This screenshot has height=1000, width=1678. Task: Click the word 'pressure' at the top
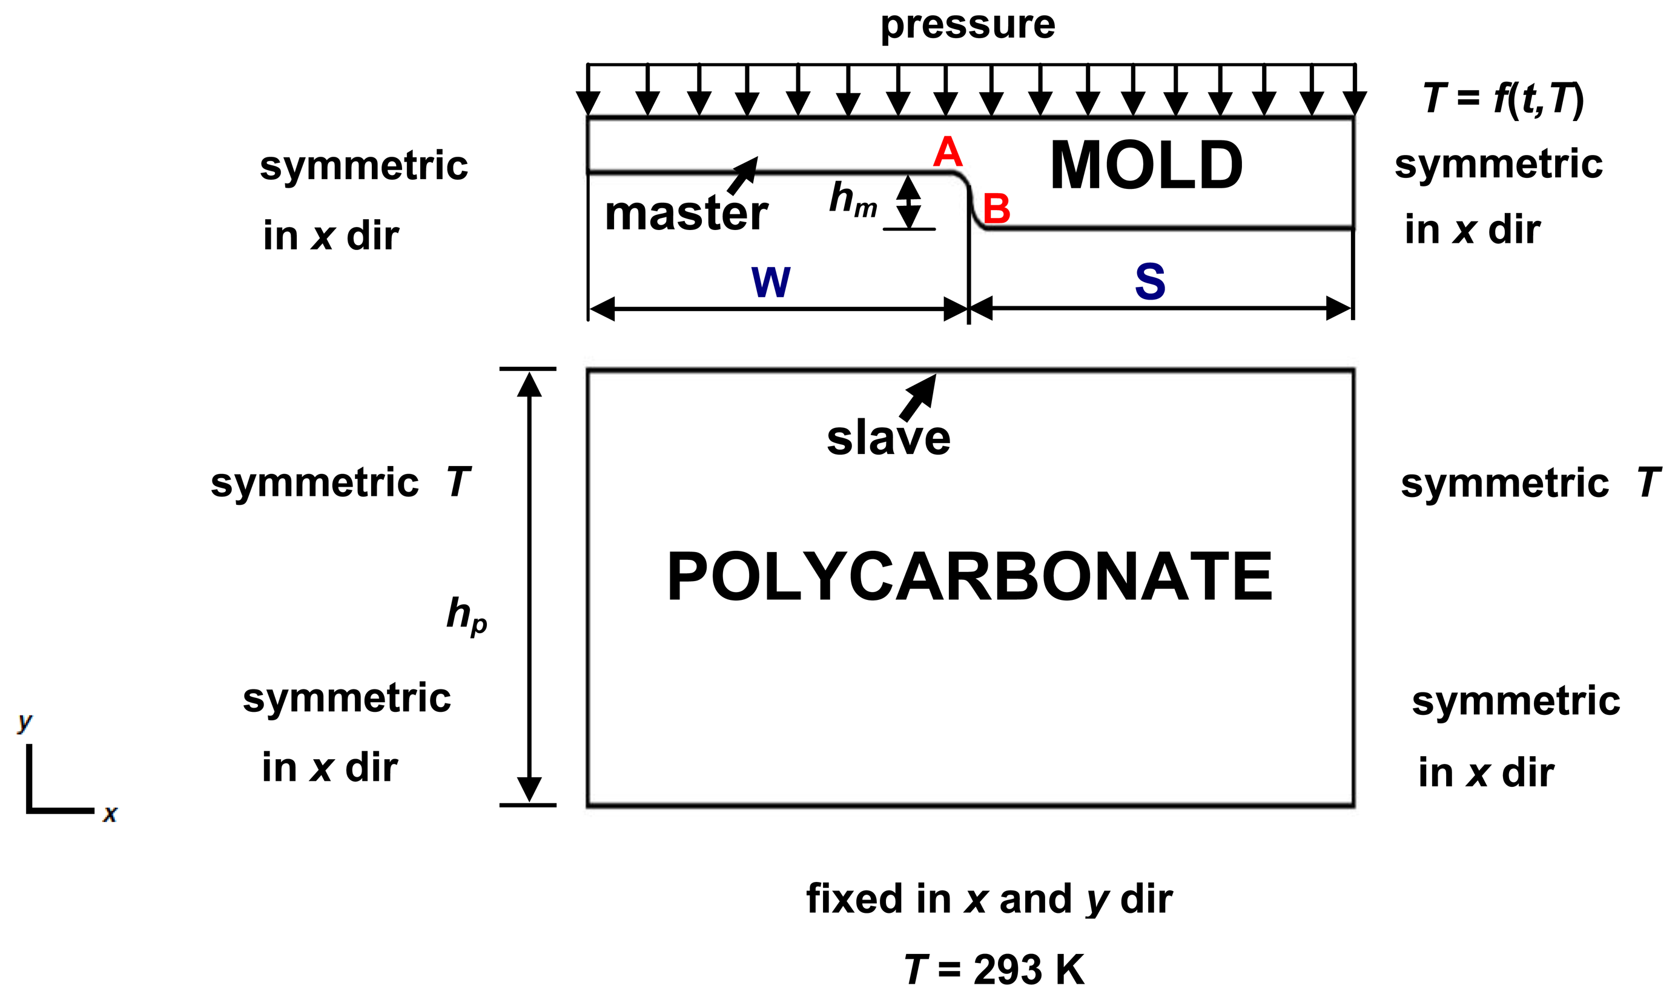coord(968,25)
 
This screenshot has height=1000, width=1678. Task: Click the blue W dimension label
coord(770,281)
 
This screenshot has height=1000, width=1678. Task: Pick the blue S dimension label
coord(1150,281)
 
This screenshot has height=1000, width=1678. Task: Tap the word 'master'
coord(686,214)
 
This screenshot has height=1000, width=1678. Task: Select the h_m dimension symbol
coord(853,200)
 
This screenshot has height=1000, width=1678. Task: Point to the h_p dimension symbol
coord(466,614)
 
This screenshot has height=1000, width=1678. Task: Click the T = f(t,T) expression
coord(1504,99)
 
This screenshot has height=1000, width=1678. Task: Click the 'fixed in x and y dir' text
coord(989,899)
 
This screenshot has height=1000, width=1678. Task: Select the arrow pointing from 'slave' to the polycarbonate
coord(918,397)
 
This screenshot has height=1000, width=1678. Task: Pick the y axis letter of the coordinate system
coord(25,721)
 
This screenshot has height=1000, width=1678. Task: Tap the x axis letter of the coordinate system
coord(110,814)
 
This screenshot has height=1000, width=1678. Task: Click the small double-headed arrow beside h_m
coord(908,202)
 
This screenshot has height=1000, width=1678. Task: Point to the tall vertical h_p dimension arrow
coord(529,586)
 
